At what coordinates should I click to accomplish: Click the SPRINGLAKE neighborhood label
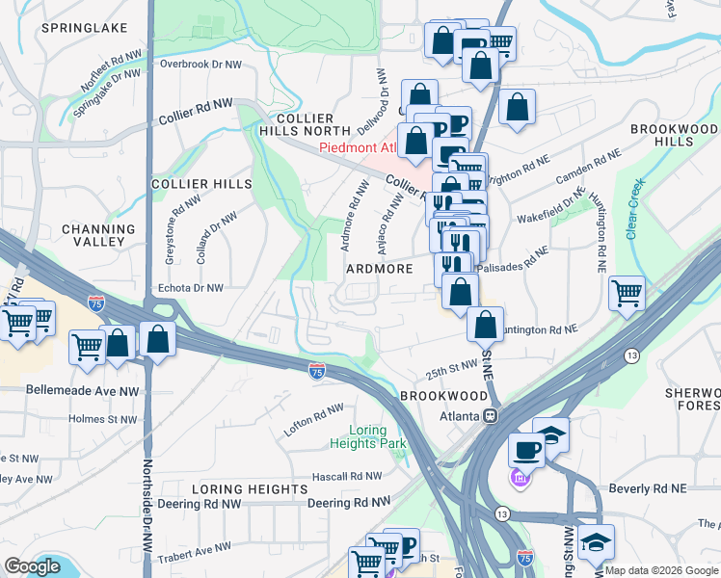click(85, 29)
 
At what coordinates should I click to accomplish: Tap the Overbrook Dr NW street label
click(200, 65)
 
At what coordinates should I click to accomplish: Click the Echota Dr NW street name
click(189, 288)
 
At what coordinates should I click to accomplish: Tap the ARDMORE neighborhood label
click(379, 270)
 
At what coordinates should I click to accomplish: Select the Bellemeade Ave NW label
click(68, 392)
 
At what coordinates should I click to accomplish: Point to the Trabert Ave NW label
click(191, 548)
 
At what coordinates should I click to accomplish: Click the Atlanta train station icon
click(490, 416)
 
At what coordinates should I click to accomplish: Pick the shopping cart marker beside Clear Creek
click(628, 292)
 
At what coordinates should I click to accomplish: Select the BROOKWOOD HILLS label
click(674, 135)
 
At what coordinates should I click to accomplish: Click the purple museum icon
click(519, 479)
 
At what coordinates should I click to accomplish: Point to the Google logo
click(33, 566)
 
